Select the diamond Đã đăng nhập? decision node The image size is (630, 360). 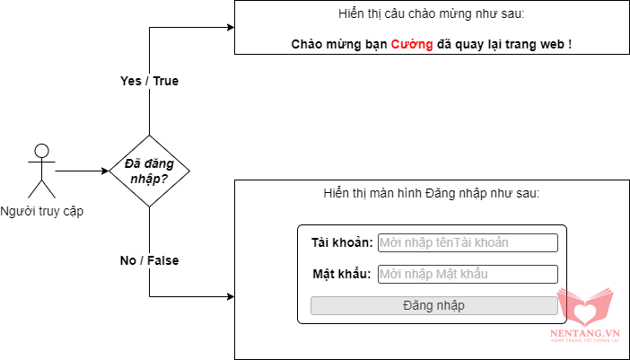pyautogui.click(x=149, y=170)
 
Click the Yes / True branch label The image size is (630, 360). pyautogui.click(x=149, y=81)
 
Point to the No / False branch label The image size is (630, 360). pyautogui.click(x=149, y=260)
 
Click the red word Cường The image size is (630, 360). pyautogui.click(x=412, y=44)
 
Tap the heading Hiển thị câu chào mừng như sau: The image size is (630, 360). pyautogui.click(x=432, y=15)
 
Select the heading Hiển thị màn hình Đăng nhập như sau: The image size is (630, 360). pyautogui.click(x=432, y=194)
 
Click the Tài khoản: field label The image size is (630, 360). pyautogui.click(x=342, y=243)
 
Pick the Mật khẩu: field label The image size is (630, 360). pyautogui.click(x=342, y=274)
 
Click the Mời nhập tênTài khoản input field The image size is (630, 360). pyautogui.click(x=468, y=243)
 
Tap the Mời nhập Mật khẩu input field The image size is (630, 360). pyautogui.click(x=468, y=274)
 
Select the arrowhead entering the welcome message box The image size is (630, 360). pyautogui.click(x=229, y=27)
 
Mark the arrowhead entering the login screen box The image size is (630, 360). pyautogui.click(x=229, y=296)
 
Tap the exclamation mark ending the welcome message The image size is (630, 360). pyautogui.click(x=571, y=44)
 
